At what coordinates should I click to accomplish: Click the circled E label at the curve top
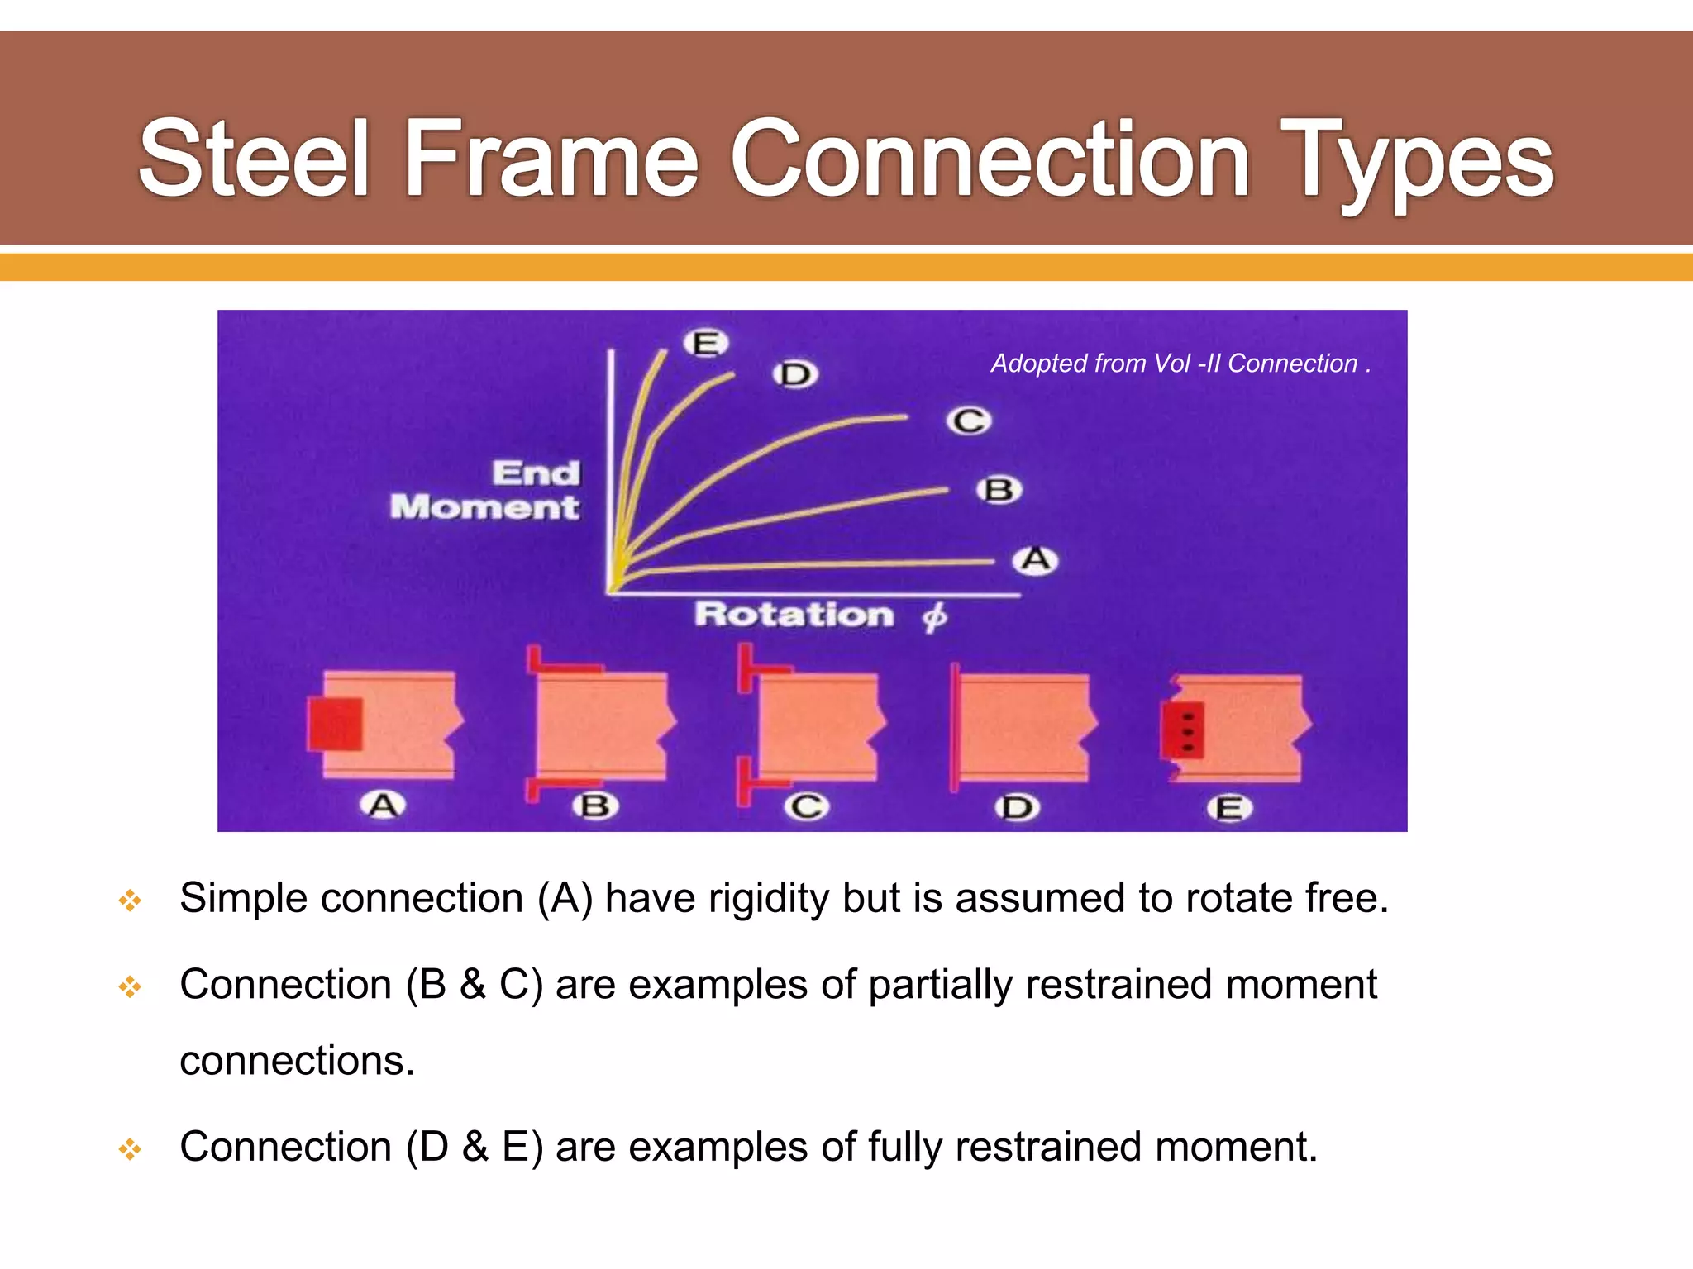[x=705, y=343]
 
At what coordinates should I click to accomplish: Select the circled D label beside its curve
[x=795, y=374]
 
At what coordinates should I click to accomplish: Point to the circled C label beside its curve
[x=968, y=421]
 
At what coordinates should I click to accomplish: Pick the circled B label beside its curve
[x=999, y=490]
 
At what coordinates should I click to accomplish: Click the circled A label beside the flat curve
[x=1035, y=560]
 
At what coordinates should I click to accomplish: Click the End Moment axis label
[x=488, y=490]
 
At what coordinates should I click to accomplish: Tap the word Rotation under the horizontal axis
[x=794, y=615]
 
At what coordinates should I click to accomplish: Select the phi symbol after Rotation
[x=934, y=616]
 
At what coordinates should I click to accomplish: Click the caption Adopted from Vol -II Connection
[x=1180, y=364]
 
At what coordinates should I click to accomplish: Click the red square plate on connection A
[x=336, y=725]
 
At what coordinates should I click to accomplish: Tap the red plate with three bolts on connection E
[x=1183, y=730]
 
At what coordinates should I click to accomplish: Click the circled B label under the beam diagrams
[x=595, y=806]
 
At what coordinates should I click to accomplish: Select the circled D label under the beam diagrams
[x=1016, y=807]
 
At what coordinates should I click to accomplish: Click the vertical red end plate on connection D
[x=955, y=727]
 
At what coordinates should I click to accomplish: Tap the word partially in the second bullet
[x=940, y=985]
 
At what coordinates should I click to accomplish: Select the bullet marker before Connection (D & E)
[x=130, y=1148]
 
